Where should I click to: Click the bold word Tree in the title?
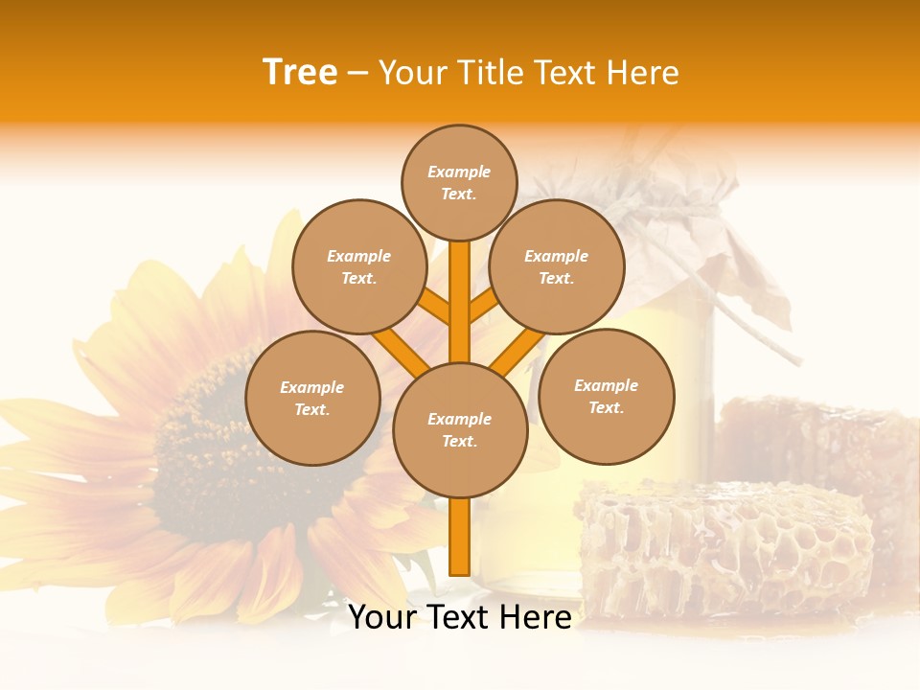(x=300, y=73)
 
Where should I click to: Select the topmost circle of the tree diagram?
(x=459, y=182)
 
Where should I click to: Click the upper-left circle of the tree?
(x=359, y=266)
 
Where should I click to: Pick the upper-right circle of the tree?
(x=557, y=266)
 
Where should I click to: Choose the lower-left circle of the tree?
(x=312, y=398)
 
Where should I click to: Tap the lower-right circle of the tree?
(x=606, y=396)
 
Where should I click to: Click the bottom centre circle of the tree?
(x=460, y=429)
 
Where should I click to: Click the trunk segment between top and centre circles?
(x=459, y=302)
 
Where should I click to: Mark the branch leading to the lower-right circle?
(x=517, y=351)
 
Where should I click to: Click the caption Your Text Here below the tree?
(x=459, y=617)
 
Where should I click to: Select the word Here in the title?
(x=643, y=73)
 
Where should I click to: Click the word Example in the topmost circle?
(x=459, y=172)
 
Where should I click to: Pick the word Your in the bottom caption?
(x=381, y=617)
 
